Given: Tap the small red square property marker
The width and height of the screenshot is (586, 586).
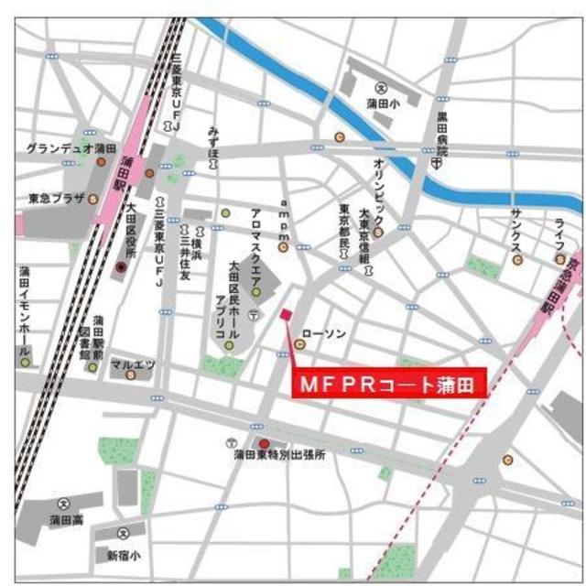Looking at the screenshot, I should [286, 315].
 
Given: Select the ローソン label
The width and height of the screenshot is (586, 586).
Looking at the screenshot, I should [323, 335].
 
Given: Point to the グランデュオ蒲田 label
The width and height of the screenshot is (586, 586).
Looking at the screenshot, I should [71, 148].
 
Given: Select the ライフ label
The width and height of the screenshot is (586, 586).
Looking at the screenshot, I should [558, 234].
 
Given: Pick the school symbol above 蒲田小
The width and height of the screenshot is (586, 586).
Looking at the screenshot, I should [383, 87].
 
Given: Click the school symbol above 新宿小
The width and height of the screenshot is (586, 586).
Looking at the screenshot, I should [124, 531].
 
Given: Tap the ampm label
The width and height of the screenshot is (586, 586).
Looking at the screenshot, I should [284, 220].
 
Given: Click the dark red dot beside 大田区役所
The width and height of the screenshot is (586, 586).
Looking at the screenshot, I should [120, 266].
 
